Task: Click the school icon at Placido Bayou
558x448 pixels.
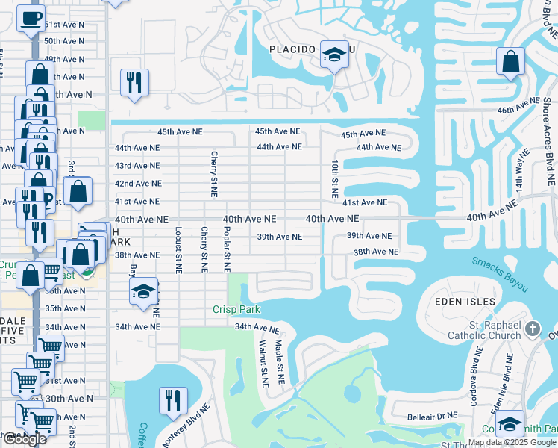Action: (334, 54)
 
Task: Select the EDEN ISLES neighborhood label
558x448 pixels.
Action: (465, 301)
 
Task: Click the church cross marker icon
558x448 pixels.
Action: (532, 328)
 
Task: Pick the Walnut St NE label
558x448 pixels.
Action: (263, 363)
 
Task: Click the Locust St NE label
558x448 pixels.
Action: (179, 249)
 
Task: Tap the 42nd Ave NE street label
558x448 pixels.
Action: (137, 184)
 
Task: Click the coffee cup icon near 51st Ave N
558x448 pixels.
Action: (31, 17)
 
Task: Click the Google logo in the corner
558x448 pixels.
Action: (24, 439)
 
